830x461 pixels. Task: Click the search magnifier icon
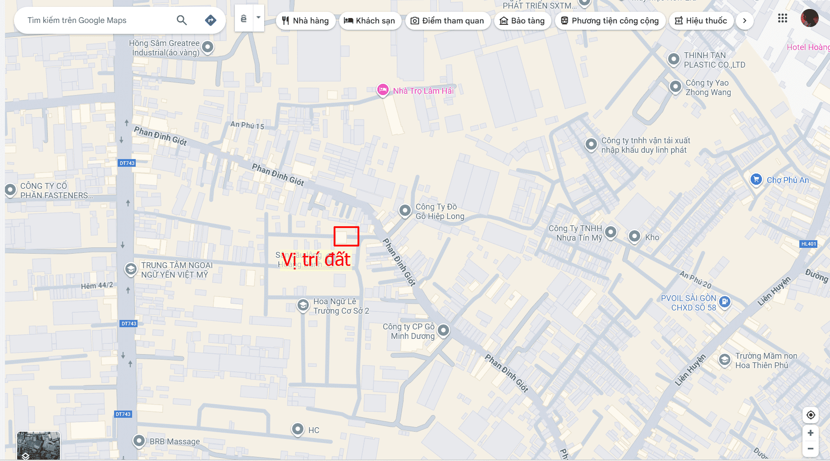tap(182, 20)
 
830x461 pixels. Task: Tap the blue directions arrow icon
tap(211, 20)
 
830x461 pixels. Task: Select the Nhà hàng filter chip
tap(305, 21)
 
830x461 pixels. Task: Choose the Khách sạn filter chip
tap(369, 21)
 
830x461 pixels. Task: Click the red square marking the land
tap(346, 236)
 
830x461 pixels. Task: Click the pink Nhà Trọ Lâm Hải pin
tap(383, 90)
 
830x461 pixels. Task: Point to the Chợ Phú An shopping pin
tap(756, 179)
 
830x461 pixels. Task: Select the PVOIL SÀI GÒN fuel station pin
tap(725, 301)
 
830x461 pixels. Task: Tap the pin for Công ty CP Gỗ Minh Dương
tap(444, 330)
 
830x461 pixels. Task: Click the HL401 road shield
tap(808, 244)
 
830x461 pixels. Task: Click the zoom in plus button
tap(810, 433)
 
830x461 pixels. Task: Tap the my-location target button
tap(810, 415)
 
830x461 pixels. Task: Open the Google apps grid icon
tap(783, 18)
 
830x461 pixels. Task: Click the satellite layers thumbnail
tap(38, 445)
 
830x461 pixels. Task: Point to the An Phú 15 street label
tap(247, 125)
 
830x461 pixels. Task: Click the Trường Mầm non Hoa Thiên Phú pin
tap(725, 360)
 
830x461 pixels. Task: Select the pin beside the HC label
tap(298, 429)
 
